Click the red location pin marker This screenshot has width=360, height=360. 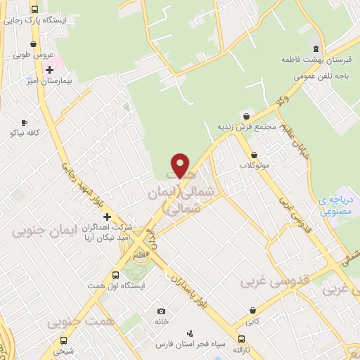181,166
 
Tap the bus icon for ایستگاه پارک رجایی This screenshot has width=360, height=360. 35,9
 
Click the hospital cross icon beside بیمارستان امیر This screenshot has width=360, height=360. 49,70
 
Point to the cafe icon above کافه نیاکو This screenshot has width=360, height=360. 25,122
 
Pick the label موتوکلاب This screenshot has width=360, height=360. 254,166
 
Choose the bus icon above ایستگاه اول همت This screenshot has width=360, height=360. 115,275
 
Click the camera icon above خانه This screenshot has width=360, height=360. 161,311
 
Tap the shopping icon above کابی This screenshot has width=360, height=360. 252,309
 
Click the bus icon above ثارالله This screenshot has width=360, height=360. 241,340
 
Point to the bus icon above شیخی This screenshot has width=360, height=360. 64,340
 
